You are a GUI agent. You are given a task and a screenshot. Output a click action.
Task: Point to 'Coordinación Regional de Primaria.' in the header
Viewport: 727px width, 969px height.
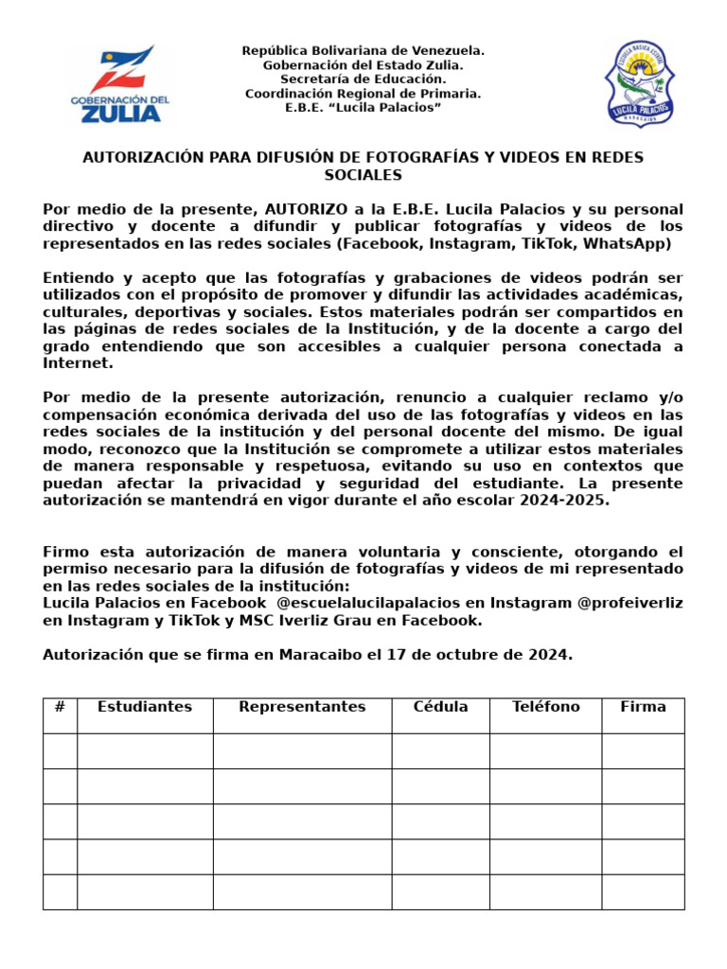click(x=363, y=93)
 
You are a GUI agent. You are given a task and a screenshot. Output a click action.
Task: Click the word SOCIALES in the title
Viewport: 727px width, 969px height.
click(x=363, y=175)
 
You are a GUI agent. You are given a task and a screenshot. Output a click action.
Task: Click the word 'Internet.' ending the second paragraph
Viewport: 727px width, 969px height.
click(x=78, y=362)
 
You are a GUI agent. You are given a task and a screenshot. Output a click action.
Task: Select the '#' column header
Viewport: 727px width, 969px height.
click(x=60, y=707)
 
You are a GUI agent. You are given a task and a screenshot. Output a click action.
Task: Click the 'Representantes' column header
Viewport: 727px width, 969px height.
click(x=302, y=707)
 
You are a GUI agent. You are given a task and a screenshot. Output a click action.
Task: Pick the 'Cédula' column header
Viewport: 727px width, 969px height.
click(x=440, y=707)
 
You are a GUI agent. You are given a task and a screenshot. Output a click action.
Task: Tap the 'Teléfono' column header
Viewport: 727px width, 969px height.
click(x=545, y=707)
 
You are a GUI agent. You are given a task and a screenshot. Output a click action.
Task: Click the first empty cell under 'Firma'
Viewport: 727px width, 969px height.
click(x=643, y=750)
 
